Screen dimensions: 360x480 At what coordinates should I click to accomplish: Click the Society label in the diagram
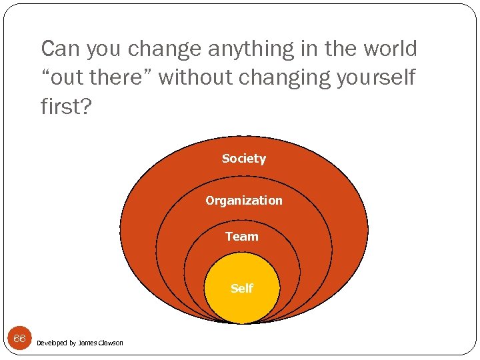[x=244, y=159]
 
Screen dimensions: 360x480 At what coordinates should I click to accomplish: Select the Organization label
[x=244, y=201]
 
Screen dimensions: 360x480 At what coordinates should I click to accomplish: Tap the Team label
[x=241, y=237]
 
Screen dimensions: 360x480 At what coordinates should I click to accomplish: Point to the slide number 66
[x=19, y=339]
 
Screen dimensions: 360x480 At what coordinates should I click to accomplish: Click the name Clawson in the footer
[x=111, y=343]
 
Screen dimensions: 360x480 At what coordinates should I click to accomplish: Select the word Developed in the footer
[x=51, y=343]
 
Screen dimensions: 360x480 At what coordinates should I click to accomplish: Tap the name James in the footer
[x=87, y=343]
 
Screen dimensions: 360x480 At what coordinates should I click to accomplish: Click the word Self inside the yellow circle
[x=241, y=289]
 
